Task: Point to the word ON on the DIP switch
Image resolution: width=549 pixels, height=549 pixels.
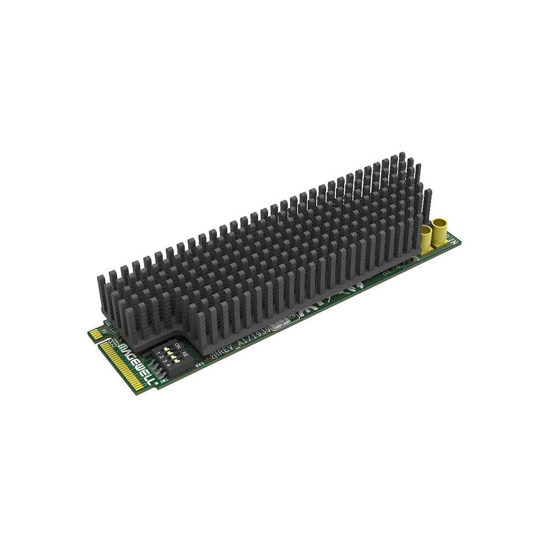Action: tap(177, 346)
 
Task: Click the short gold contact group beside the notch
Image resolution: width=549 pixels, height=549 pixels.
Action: tap(94, 334)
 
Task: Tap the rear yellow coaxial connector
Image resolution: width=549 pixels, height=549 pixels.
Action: tap(439, 231)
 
